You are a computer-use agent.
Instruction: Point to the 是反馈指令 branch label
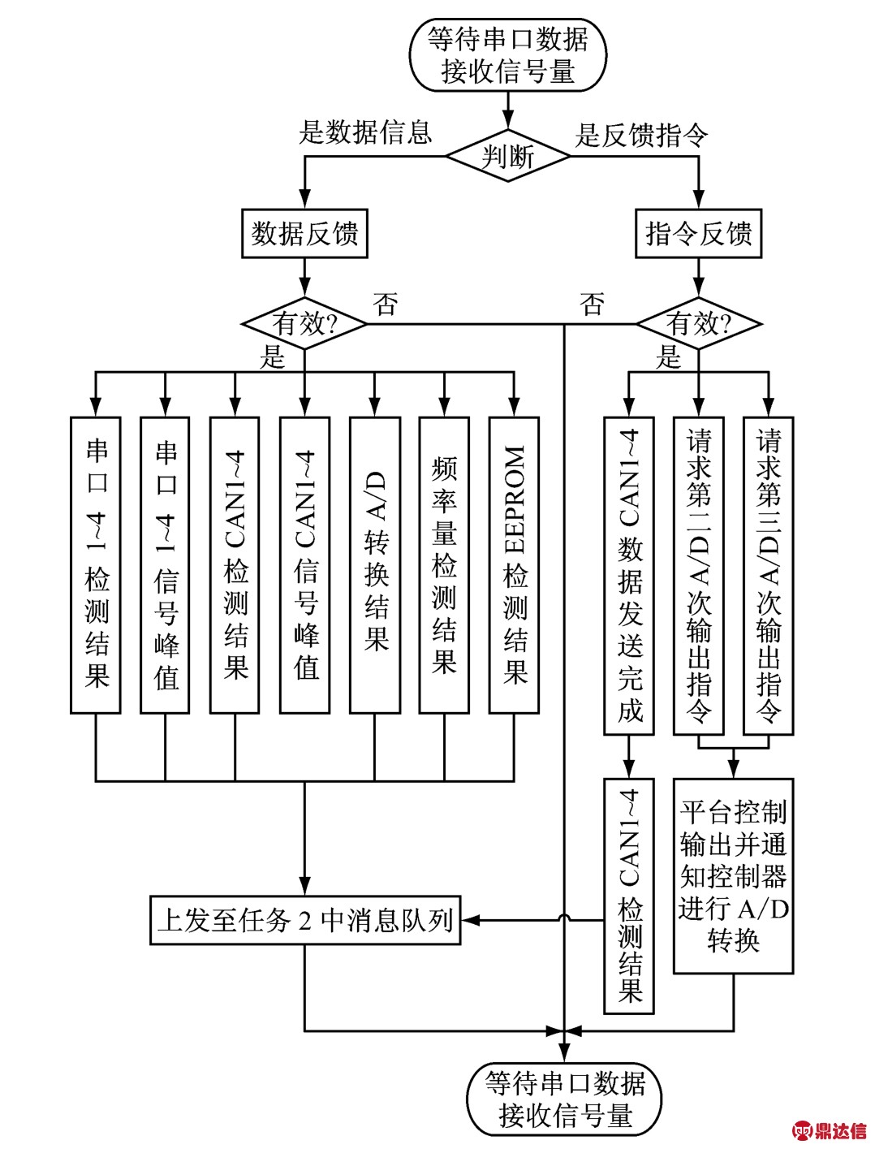click(x=641, y=135)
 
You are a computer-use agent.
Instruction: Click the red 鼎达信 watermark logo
click(x=830, y=1130)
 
